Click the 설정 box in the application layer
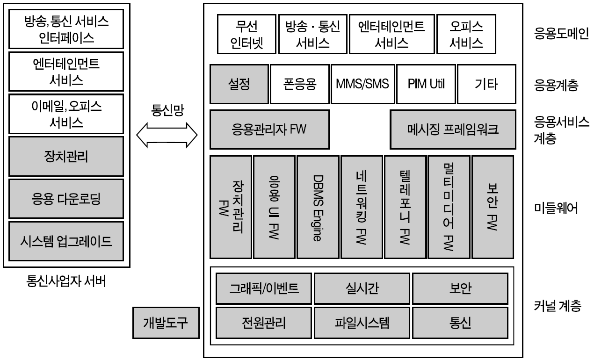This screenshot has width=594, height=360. [x=239, y=84]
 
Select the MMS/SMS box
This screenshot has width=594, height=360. [x=363, y=84]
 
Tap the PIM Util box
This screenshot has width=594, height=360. [x=426, y=84]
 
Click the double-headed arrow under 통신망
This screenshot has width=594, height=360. [x=167, y=135]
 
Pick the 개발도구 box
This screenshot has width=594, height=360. [x=166, y=323]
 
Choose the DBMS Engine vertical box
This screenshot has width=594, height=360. [x=318, y=207]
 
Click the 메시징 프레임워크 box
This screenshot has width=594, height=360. [x=453, y=130]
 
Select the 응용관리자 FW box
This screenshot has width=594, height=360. [x=269, y=130]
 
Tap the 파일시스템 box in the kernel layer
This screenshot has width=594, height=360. [x=362, y=323]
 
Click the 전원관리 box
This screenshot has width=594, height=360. [x=264, y=323]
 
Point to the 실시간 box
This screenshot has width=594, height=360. [x=362, y=288]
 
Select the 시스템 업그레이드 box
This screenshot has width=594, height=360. [x=66, y=241]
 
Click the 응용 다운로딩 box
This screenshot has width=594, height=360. [x=66, y=199]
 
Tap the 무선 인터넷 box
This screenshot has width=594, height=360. [x=246, y=34]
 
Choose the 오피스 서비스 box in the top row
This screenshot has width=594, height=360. [x=466, y=34]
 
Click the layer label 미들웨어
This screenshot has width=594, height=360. [x=556, y=208]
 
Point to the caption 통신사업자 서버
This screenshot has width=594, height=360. [x=66, y=281]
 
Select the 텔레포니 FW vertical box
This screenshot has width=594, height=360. [x=405, y=207]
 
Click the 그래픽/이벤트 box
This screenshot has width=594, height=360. [x=264, y=288]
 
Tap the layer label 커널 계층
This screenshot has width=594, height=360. [x=558, y=306]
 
